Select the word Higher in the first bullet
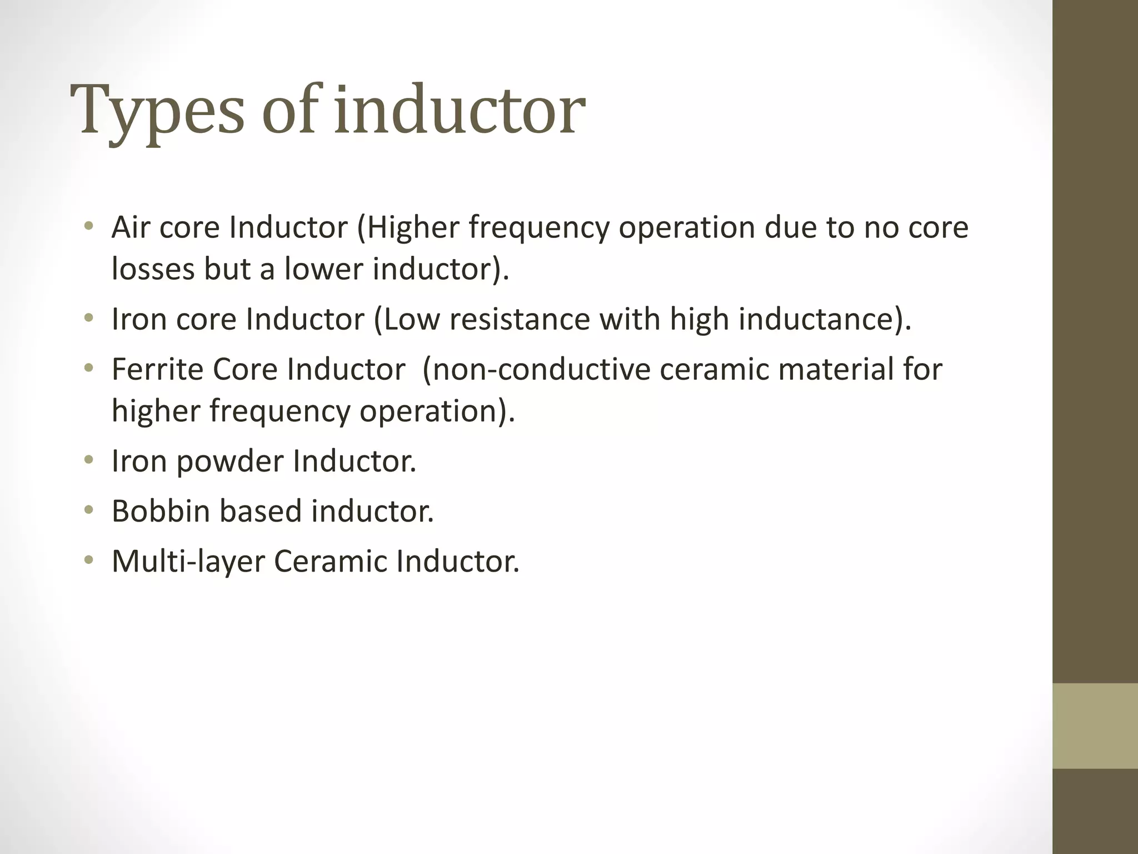pos(413,227)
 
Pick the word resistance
pos(519,319)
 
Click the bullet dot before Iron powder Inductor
pos(88,460)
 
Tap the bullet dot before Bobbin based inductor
pos(88,510)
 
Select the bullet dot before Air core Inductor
pos(88,227)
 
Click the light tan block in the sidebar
pos(1095,726)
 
